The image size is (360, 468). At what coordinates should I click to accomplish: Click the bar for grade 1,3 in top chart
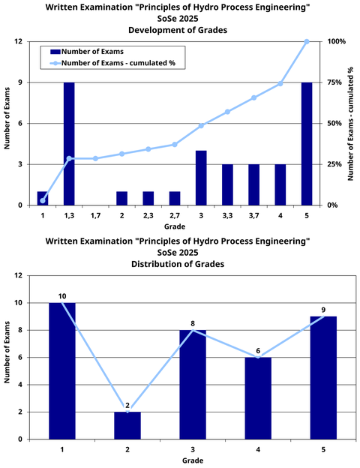pos(68,143)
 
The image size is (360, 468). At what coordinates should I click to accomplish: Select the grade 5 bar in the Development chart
pos(307,143)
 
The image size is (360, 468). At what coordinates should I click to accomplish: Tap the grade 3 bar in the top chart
pos(201,178)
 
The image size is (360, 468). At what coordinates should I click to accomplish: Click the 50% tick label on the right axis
pos(334,123)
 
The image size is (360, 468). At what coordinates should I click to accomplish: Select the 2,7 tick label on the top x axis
pos(174,216)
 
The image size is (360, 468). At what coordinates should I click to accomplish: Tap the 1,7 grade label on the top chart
pos(94,216)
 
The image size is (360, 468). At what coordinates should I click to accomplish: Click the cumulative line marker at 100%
pos(307,41)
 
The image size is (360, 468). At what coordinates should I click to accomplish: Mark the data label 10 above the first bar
pos(62,296)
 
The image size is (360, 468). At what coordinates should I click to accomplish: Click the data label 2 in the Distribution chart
pos(127,405)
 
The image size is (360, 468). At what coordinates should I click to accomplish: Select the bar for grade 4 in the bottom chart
pos(258,398)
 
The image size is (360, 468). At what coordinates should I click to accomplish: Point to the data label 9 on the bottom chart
pos(323,310)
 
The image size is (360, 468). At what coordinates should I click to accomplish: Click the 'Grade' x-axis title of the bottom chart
pos(193,460)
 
